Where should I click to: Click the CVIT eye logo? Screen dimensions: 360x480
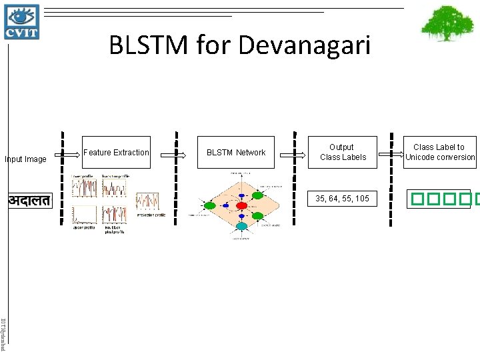click(x=22, y=22)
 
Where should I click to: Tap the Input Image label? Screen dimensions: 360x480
click(x=25, y=159)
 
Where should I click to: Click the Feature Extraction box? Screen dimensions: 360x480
click(x=116, y=153)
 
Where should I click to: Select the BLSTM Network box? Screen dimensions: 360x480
click(x=236, y=153)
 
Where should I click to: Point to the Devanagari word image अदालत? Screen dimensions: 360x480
click(x=29, y=200)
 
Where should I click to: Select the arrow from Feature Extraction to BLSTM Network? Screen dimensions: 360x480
click(x=176, y=153)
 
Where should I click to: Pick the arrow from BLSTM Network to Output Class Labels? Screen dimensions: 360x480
click(x=291, y=153)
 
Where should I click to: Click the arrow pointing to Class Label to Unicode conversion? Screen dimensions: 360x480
click(x=389, y=153)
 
